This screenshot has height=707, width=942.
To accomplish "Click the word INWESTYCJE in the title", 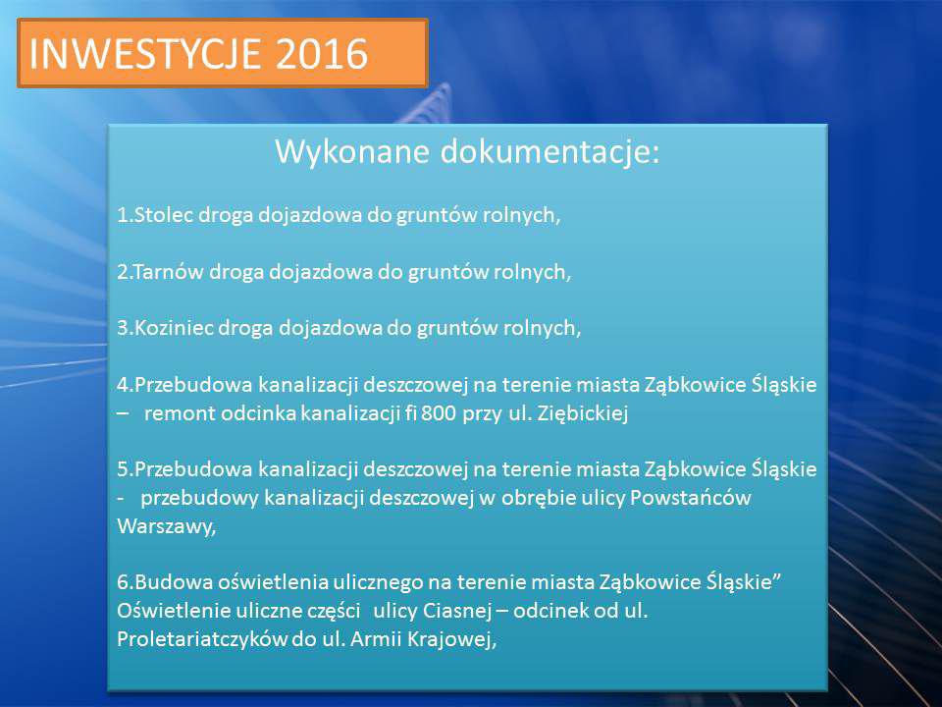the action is (x=145, y=53).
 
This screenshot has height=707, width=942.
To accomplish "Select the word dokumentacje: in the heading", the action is (x=550, y=151).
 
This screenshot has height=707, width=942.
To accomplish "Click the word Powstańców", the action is (x=690, y=498).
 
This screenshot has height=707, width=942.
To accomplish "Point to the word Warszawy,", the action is (x=167, y=526).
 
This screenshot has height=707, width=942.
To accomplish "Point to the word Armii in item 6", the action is (x=376, y=639).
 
